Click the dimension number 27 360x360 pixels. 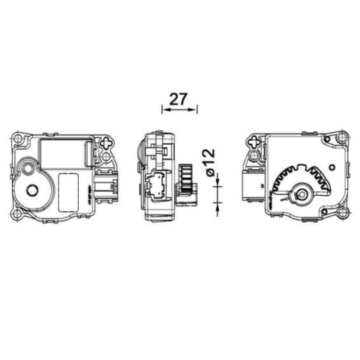tap(178, 99)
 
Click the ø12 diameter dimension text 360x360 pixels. tap(208, 163)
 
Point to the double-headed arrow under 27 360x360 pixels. tap(179, 109)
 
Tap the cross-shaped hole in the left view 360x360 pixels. tap(107, 142)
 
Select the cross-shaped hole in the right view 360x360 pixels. tap(255, 142)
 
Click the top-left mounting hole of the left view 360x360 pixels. tap(17, 138)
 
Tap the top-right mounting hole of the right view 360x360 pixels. tap(343, 137)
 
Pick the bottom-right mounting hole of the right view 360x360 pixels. tap(343, 213)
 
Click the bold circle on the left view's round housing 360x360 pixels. tap(32, 190)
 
